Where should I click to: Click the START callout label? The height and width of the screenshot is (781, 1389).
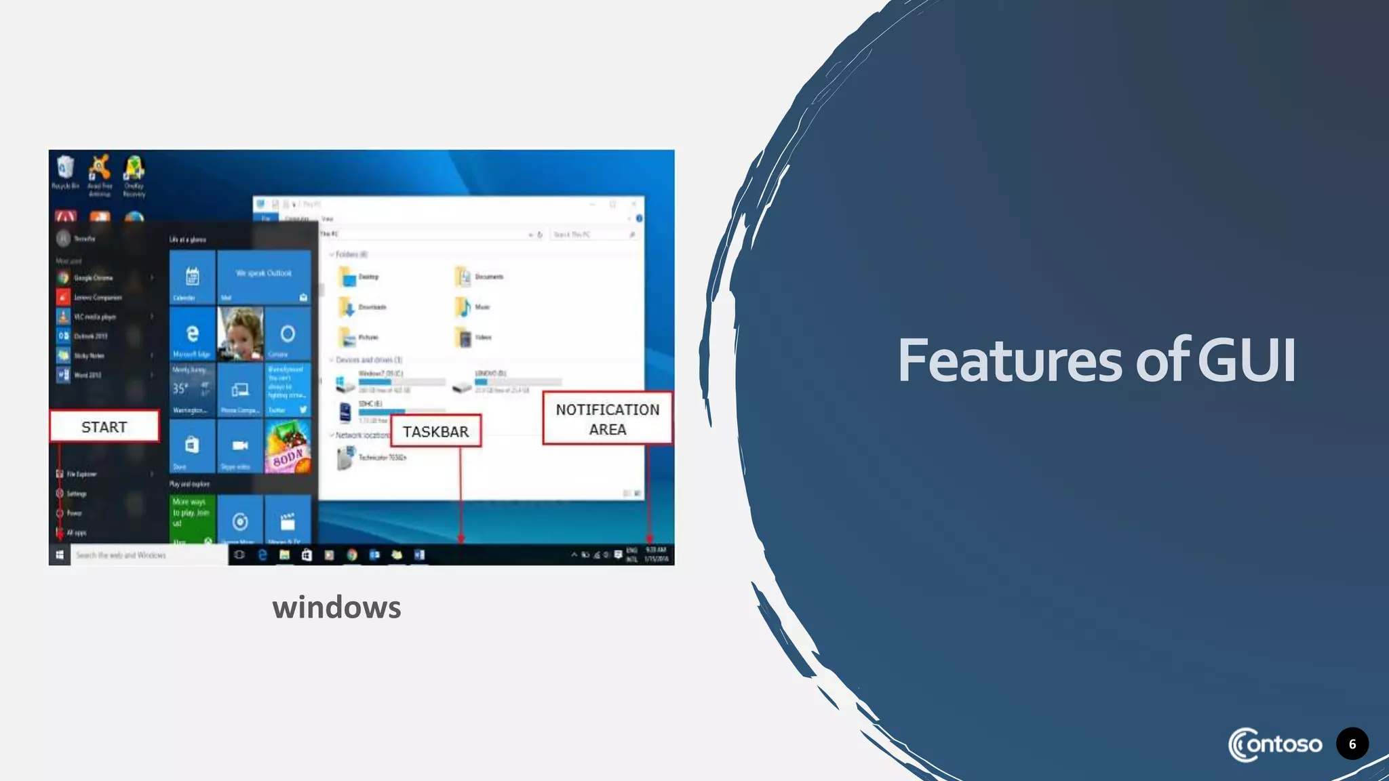(x=104, y=427)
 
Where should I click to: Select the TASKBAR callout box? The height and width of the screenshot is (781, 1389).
(x=435, y=432)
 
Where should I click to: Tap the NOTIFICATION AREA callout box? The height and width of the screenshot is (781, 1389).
(x=607, y=419)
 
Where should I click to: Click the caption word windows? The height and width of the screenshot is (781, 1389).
(x=336, y=607)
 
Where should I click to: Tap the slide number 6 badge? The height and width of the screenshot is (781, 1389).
(x=1352, y=744)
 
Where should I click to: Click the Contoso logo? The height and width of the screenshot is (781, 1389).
(x=1274, y=744)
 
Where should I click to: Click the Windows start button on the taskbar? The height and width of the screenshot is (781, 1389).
(x=60, y=555)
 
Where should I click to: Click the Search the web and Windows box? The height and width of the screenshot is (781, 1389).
(x=149, y=555)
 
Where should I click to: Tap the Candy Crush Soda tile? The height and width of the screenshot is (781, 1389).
(x=288, y=446)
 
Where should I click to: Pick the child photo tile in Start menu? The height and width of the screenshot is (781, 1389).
(x=240, y=334)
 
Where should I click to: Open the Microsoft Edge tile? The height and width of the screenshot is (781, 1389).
(x=193, y=334)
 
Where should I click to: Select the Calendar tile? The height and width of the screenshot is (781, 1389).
(x=193, y=277)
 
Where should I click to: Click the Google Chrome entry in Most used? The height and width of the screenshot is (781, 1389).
(x=93, y=278)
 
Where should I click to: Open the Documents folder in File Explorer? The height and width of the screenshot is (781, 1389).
(x=464, y=277)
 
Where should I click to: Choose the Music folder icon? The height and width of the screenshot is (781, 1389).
(x=464, y=307)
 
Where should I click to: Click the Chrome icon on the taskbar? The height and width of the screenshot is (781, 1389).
(x=351, y=555)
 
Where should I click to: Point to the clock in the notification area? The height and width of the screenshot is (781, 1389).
(x=656, y=555)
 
